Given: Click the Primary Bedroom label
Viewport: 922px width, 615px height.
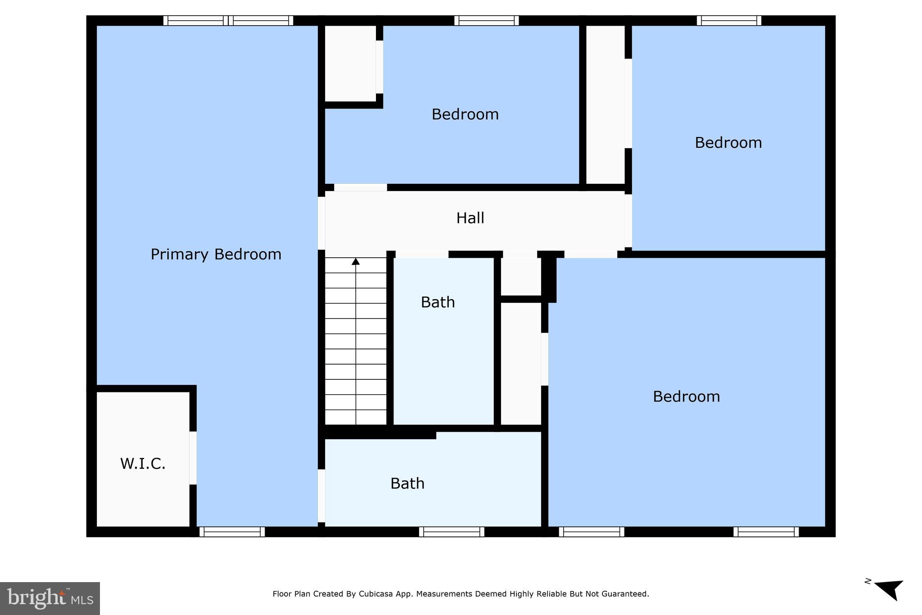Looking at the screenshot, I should click(x=216, y=255).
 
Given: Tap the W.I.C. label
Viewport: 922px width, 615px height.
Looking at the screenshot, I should click(x=143, y=464).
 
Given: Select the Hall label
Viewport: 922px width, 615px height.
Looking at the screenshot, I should click(x=470, y=218).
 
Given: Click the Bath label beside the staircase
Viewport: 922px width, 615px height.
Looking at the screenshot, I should click(x=438, y=302).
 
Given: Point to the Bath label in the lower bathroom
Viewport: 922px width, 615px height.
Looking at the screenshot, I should click(x=407, y=483).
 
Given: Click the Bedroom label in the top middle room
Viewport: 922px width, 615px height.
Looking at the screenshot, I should click(x=465, y=114).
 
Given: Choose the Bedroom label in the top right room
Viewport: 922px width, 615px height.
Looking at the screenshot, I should click(x=728, y=143).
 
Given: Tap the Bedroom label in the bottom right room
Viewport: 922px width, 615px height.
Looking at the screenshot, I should click(x=686, y=396).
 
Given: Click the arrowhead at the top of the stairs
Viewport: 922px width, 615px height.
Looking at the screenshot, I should click(x=356, y=261).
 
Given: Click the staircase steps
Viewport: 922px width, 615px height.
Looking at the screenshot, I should click(x=356, y=342).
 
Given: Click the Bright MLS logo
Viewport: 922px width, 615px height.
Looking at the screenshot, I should click(x=50, y=598).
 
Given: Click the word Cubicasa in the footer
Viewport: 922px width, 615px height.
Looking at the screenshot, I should click(x=376, y=594).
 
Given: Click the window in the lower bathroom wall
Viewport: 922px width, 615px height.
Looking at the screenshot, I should click(x=452, y=532).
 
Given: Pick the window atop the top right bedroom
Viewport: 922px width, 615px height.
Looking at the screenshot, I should click(x=729, y=20).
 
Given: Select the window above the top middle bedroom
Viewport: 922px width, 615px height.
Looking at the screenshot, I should click(x=486, y=20).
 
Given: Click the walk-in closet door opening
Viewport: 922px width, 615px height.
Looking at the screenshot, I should click(x=193, y=458).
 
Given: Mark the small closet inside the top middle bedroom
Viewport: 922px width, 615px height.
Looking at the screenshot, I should click(x=350, y=63).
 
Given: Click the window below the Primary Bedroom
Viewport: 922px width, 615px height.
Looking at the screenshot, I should click(x=232, y=532).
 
